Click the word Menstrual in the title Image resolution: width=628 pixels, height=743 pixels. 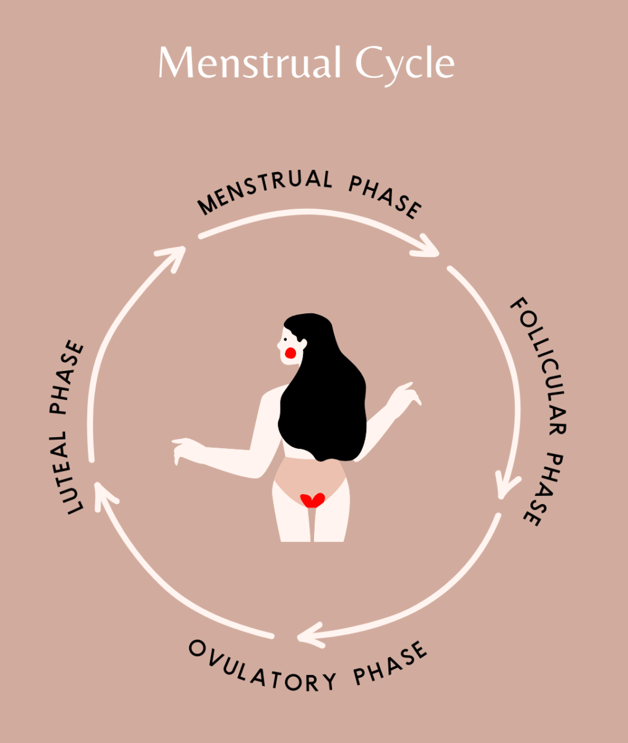[x=250, y=62]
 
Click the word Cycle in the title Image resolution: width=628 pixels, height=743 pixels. [x=405, y=66]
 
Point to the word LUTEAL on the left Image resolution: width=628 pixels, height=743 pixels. [x=68, y=472]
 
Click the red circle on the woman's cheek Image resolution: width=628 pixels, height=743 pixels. [x=290, y=353]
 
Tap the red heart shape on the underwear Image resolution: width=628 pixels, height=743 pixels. [x=312, y=500]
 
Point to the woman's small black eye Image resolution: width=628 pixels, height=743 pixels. [x=286, y=339]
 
